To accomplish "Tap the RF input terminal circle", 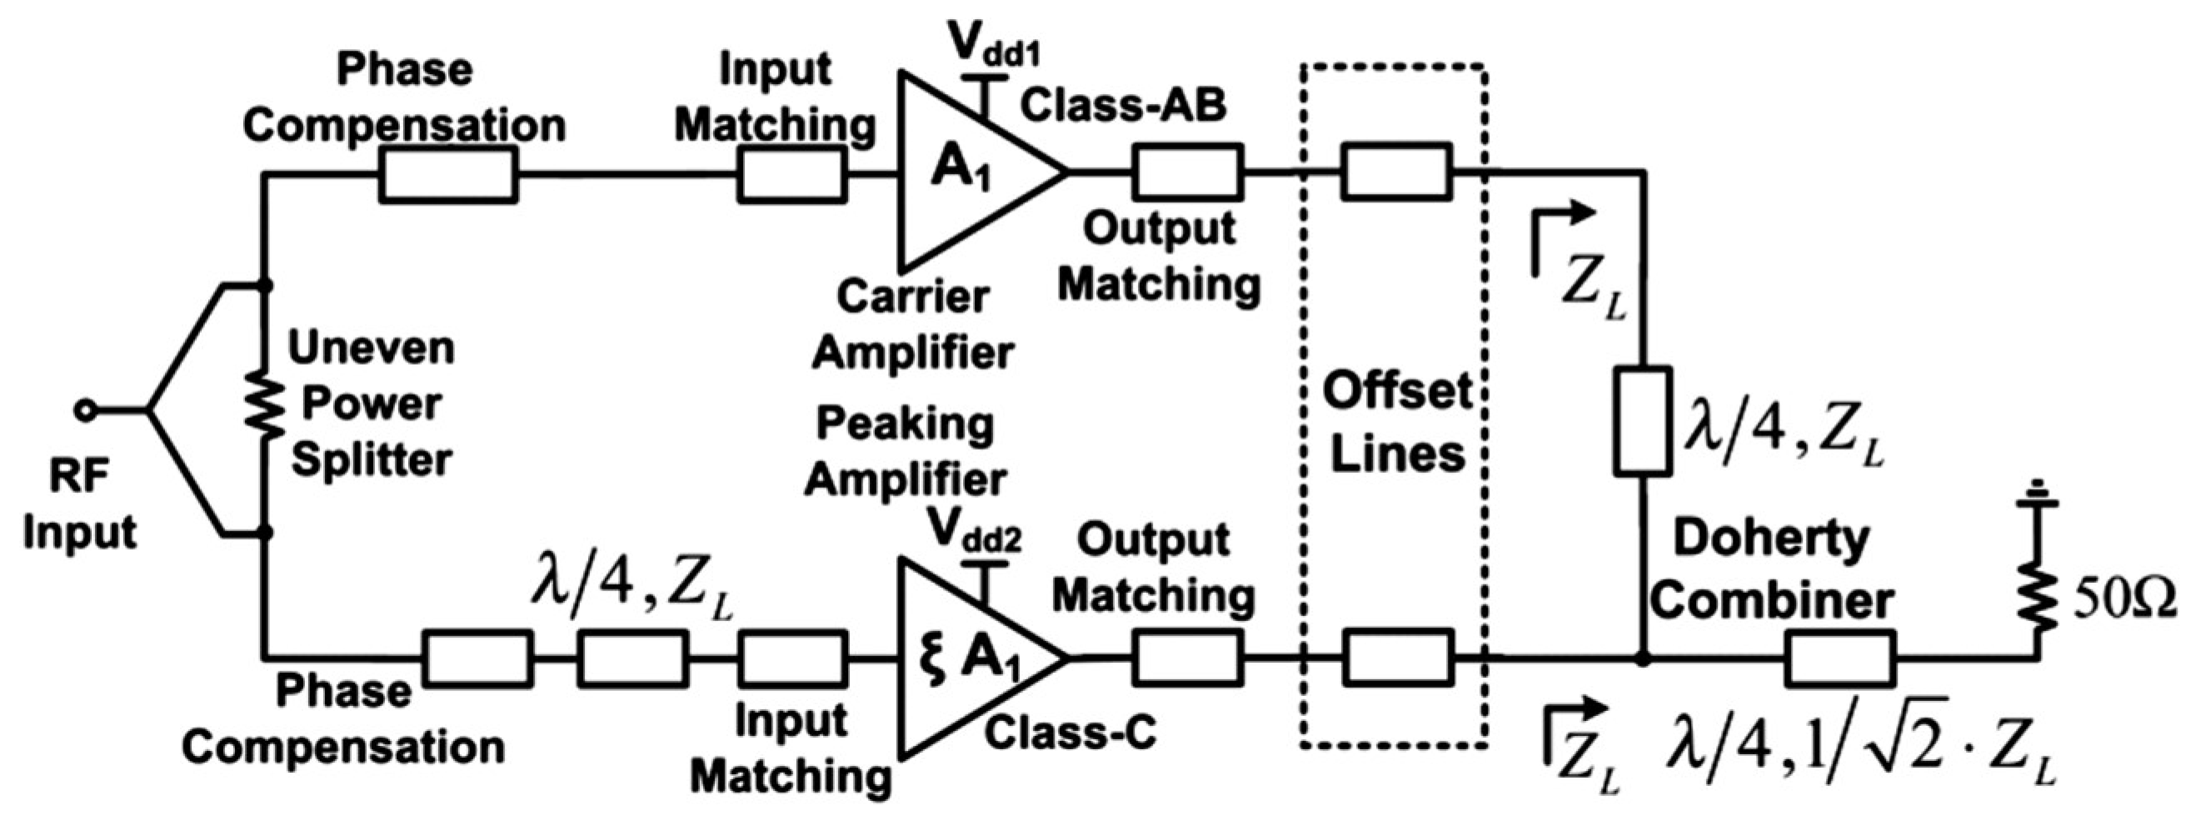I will (84, 410).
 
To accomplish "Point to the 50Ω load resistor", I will (2038, 597).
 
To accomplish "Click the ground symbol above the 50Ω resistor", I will (2038, 514).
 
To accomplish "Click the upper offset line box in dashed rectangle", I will (1396, 172).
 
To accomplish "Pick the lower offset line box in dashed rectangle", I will (1396, 658).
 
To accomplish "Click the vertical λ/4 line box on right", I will (1643, 420).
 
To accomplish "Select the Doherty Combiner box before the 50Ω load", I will (1841, 658).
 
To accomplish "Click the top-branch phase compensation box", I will (447, 174).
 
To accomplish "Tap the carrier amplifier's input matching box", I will (792, 174).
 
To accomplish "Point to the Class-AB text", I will (1124, 106).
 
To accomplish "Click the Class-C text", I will (1071, 731).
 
